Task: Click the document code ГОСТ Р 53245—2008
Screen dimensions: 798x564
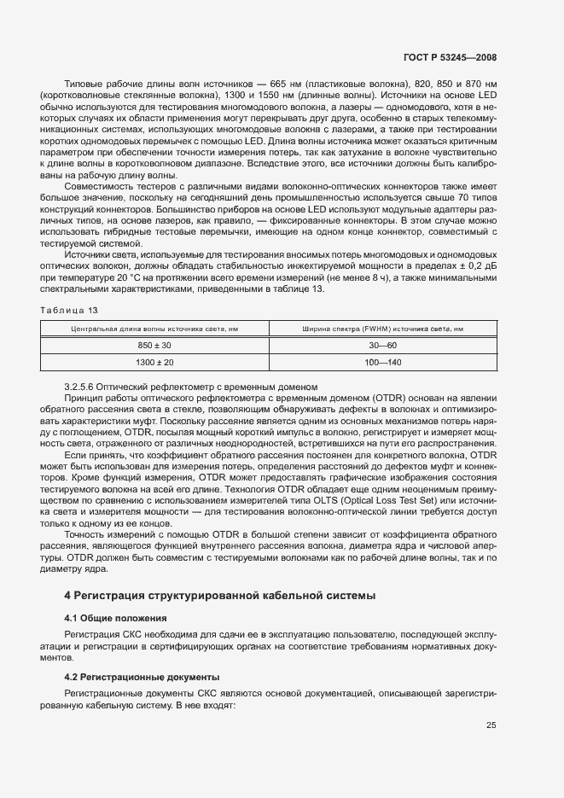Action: pyautogui.click(x=451, y=57)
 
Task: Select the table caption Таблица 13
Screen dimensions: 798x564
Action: pyautogui.click(x=69, y=308)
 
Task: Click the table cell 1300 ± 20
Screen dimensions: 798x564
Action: pyautogui.click(x=155, y=362)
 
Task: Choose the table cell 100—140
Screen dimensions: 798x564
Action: pyautogui.click(x=382, y=362)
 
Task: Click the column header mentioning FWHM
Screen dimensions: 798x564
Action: pyautogui.click(x=382, y=328)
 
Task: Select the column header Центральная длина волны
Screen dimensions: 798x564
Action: pyautogui.click(x=155, y=328)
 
